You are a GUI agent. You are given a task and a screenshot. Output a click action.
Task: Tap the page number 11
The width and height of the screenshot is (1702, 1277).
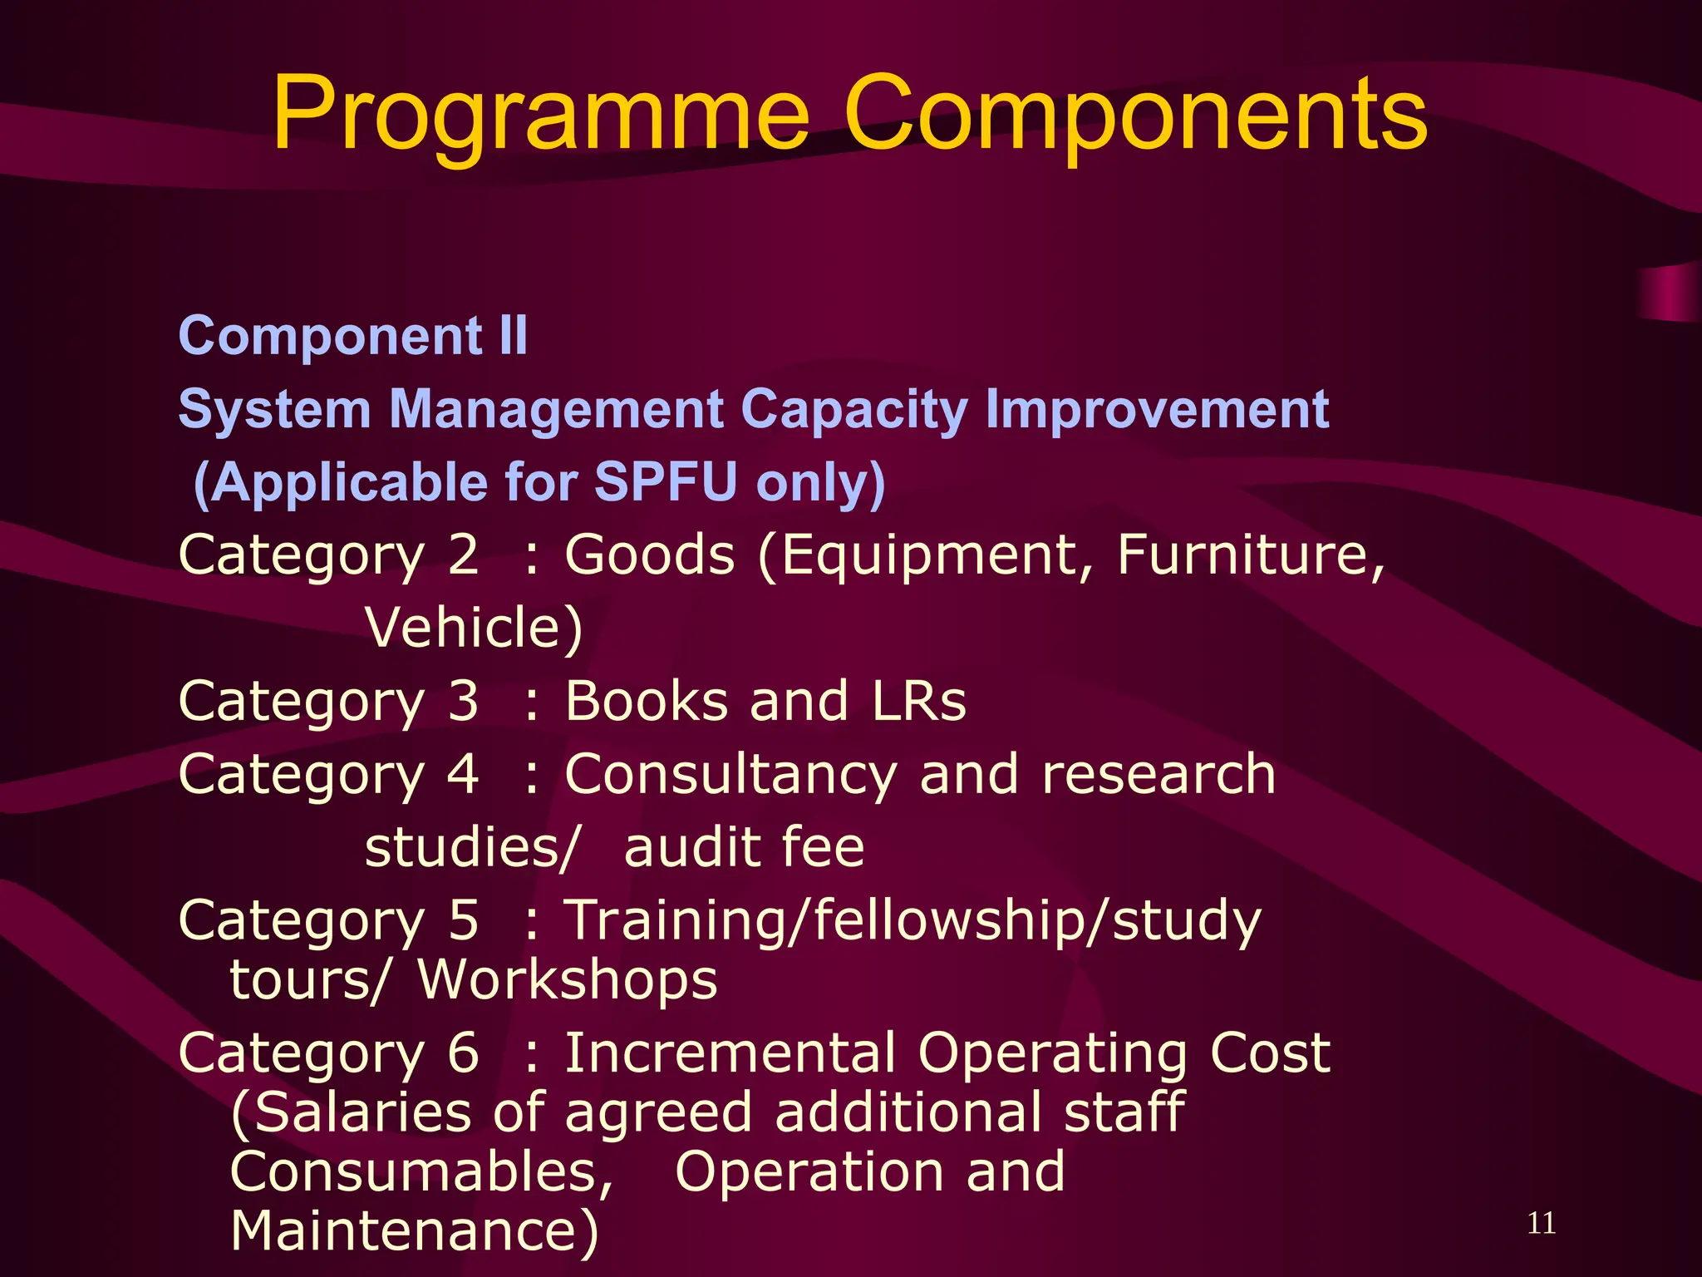[x=1542, y=1223]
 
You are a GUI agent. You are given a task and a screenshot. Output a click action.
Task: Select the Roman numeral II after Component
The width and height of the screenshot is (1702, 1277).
[x=514, y=336]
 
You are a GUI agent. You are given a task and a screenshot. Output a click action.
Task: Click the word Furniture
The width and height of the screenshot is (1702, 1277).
[x=1250, y=555]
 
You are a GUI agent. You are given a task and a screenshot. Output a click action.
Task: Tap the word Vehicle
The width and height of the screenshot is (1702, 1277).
[x=474, y=628]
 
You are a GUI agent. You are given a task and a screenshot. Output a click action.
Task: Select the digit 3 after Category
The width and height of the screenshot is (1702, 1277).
[x=463, y=701]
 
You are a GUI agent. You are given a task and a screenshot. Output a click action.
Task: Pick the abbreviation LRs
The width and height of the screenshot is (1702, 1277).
[x=919, y=701]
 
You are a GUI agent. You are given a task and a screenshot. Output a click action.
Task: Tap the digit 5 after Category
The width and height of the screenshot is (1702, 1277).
[x=463, y=920]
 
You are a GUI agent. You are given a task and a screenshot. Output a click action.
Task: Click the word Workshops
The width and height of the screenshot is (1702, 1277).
[x=568, y=979]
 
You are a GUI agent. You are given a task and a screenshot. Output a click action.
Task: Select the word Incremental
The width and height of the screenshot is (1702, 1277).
[x=730, y=1053]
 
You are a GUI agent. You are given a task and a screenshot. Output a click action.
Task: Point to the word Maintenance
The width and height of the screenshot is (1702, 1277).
[x=413, y=1231]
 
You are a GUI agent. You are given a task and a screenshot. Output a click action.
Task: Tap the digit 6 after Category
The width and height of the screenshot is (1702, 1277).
[x=463, y=1053]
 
